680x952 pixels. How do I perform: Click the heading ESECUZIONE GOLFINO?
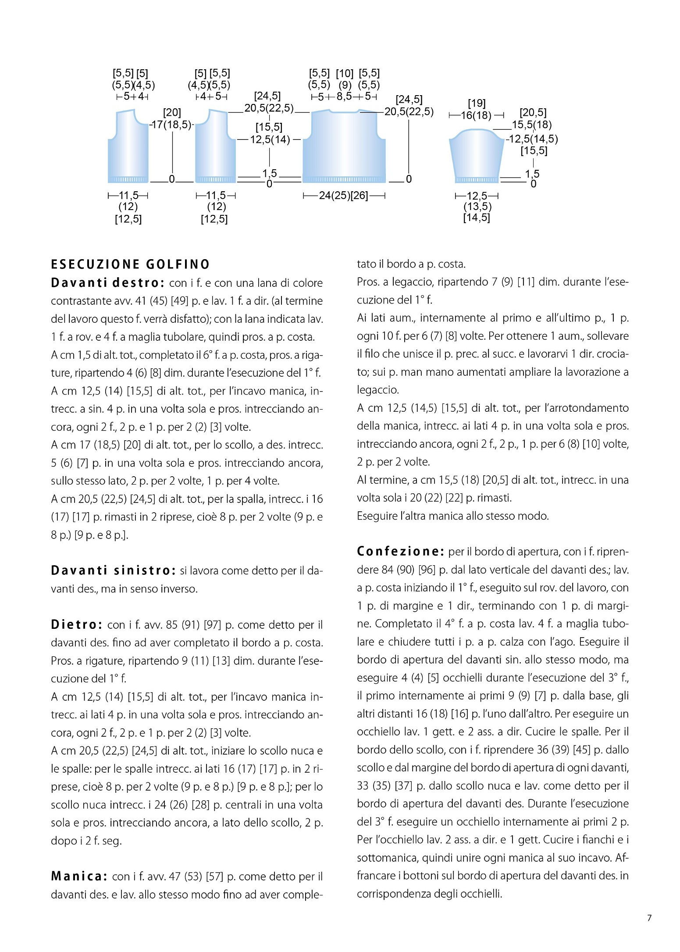(x=130, y=264)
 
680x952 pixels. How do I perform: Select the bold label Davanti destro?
(x=107, y=283)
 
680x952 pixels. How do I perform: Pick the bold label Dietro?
(x=77, y=624)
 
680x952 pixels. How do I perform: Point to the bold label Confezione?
(x=400, y=551)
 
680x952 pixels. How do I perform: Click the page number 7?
(x=649, y=918)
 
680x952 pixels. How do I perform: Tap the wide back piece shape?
(x=344, y=147)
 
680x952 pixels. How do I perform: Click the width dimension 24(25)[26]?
(x=344, y=196)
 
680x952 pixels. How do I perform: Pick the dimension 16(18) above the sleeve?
(x=476, y=115)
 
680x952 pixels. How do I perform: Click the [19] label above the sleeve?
(x=477, y=103)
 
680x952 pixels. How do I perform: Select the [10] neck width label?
(x=345, y=74)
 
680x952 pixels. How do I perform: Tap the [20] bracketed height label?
(x=172, y=113)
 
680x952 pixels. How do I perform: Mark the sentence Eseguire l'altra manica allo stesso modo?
(x=452, y=516)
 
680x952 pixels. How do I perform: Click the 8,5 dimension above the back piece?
(x=344, y=96)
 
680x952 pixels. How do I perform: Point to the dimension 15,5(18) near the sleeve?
(x=531, y=125)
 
